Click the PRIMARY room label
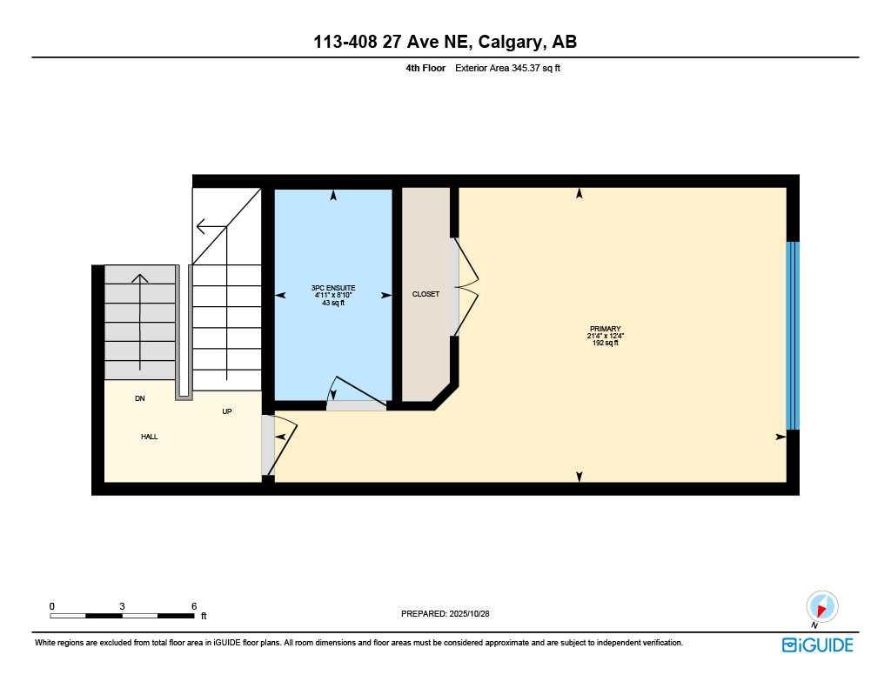[604, 329]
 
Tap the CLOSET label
[425, 295]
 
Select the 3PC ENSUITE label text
[333, 288]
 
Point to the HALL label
[150, 437]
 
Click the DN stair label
[139, 399]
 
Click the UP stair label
[227, 411]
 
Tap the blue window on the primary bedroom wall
[793, 336]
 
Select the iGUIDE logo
[817, 645]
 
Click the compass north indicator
[821, 606]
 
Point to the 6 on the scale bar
[194, 606]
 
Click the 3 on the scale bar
[123, 606]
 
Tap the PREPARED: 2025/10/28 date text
[451, 614]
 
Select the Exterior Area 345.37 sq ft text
[508, 68]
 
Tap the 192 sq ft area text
[604, 344]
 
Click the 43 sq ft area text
[333, 303]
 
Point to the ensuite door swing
[352, 394]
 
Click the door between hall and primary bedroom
[278, 444]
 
